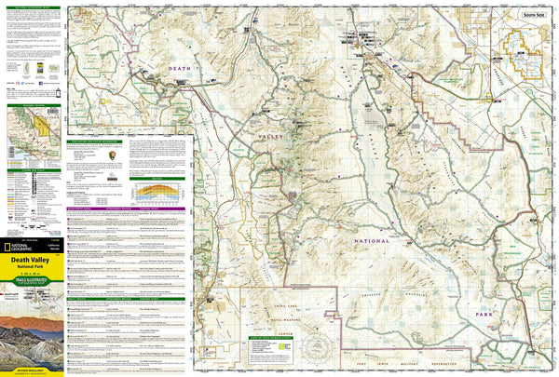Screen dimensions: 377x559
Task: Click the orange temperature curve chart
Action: [x=155, y=192]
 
